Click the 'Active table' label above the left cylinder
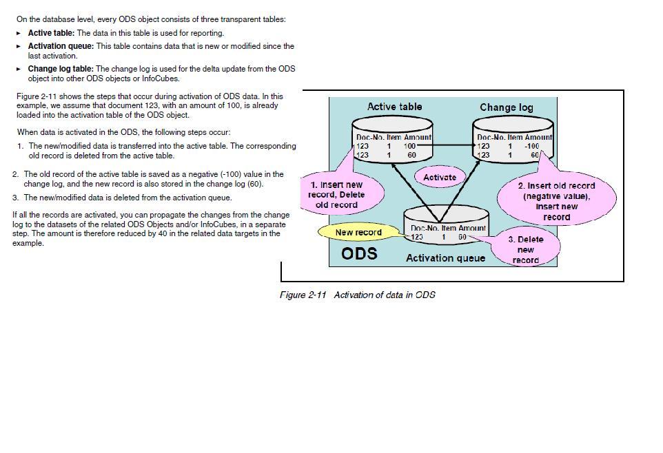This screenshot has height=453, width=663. [394, 107]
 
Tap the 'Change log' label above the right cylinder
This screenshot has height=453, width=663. [507, 107]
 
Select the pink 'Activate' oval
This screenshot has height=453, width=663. [440, 177]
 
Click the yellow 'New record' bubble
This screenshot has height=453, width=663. [358, 232]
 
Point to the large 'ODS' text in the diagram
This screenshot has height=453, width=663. [359, 253]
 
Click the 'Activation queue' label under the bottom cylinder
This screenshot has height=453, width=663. [445, 258]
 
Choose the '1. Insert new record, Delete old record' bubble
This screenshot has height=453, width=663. [337, 194]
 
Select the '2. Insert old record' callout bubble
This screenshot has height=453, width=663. [556, 200]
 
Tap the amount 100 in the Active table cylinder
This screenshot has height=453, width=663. [410, 146]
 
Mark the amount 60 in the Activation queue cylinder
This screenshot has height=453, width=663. [462, 237]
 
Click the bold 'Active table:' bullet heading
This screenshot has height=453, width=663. [51, 32]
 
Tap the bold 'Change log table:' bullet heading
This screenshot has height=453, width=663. [61, 69]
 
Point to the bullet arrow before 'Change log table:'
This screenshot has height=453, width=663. [19, 69]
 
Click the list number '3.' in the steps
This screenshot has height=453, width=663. [15, 198]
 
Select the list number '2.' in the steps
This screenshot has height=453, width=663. [15, 174]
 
